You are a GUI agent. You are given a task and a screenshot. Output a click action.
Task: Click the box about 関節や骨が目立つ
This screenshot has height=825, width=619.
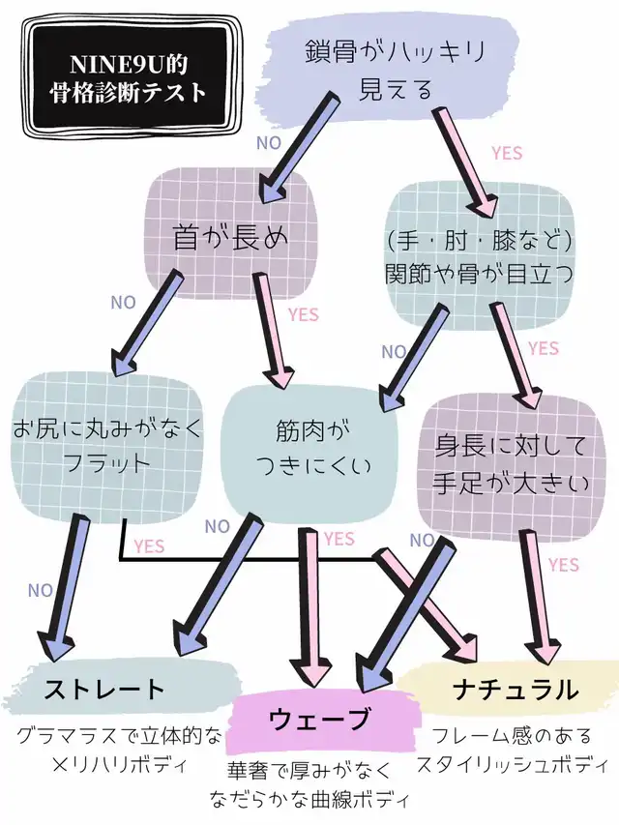(478, 253)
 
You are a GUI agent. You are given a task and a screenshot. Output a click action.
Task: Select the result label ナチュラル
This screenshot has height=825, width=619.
(516, 690)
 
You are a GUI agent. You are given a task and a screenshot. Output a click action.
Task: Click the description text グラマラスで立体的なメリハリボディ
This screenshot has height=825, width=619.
(116, 750)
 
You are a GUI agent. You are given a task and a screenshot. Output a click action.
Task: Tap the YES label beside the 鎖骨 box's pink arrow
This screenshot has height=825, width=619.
(507, 153)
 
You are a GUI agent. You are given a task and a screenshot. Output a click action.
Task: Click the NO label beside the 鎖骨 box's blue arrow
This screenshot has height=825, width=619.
(268, 142)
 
